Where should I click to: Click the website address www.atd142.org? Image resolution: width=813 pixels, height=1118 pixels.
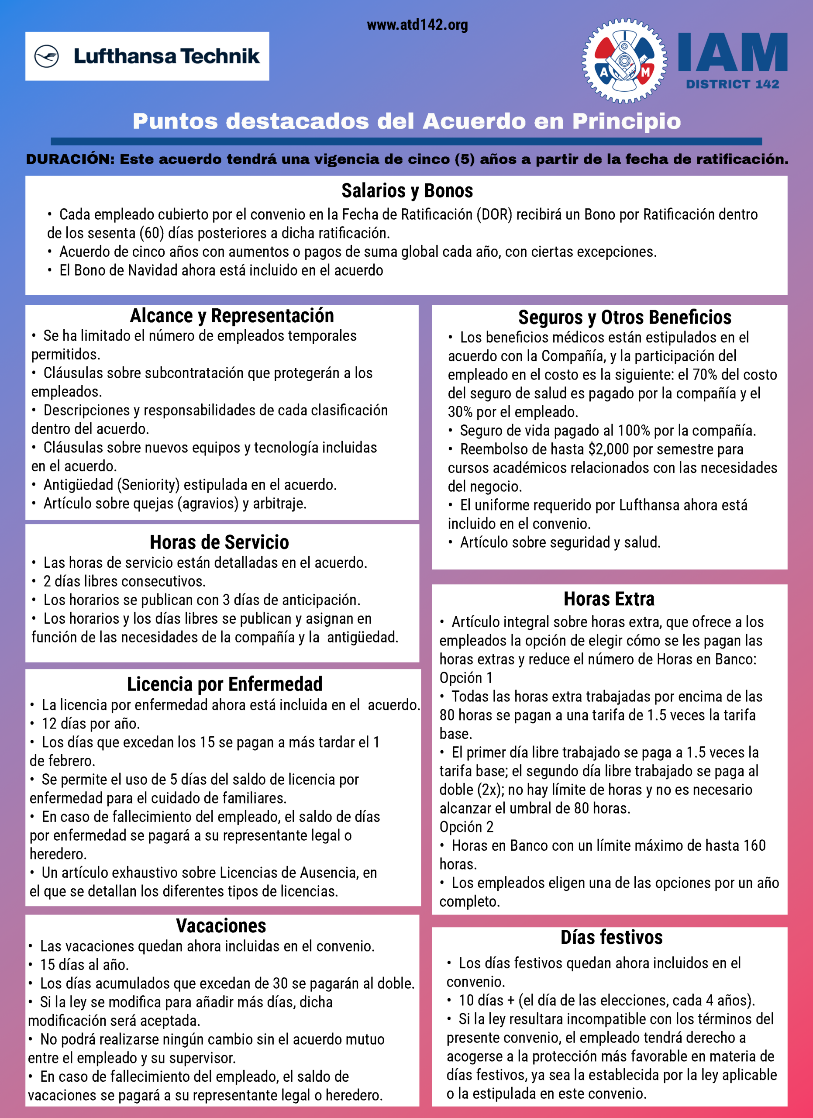tap(417, 25)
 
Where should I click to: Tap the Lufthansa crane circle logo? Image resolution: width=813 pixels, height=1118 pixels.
tap(47, 56)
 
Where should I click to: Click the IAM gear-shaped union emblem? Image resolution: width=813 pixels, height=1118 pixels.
tap(624, 61)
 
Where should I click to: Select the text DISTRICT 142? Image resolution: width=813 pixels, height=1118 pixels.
tap(732, 85)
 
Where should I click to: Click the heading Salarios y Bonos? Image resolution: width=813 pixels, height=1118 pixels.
tap(407, 191)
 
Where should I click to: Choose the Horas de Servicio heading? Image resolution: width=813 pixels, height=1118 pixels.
tap(219, 542)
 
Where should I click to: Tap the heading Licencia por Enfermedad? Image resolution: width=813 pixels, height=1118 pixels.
tap(225, 684)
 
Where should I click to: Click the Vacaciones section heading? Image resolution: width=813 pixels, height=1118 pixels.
tap(221, 926)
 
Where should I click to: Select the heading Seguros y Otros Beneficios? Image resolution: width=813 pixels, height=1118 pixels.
tap(624, 317)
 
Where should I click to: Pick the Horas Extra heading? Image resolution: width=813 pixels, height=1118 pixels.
tap(609, 599)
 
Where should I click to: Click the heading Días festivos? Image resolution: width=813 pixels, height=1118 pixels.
tap(611, 937)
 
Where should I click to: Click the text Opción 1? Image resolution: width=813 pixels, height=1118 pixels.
tap(465, 678)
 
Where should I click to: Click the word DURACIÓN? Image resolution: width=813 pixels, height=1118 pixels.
tap(70, 160)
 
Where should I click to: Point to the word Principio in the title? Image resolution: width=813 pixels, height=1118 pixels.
tap(626, 121)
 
